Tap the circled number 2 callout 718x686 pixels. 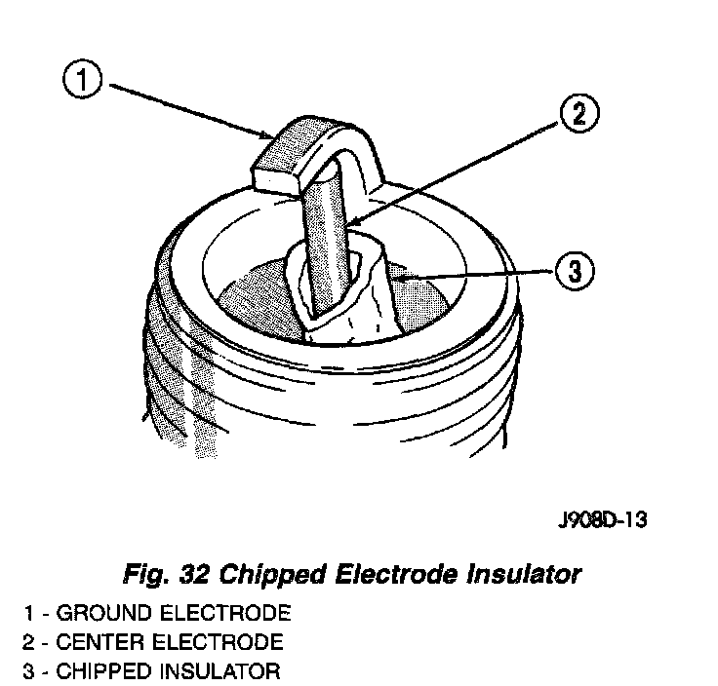[x=578, y=115]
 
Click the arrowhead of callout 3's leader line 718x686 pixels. [x=400, y=278]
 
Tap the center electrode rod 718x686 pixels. [x=325, y=244]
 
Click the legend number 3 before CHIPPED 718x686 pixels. [x=30, y=671]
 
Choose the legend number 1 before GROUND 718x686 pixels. [x=30, y=614]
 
